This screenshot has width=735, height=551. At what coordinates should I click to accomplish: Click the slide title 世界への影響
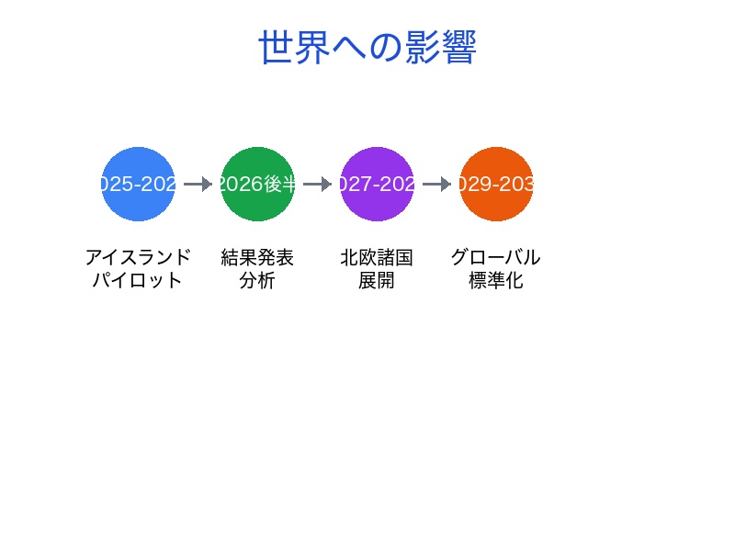(x=367, y=48)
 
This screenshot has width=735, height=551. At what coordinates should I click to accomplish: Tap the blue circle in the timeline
(x=138, y=184)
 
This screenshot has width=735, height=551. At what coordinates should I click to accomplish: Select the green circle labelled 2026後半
(x=257, y=184)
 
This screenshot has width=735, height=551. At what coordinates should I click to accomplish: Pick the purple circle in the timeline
(x=377, y=184)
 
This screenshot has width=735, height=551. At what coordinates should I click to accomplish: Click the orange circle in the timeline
(x=496, y=184)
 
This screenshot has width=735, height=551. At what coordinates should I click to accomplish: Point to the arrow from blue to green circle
(x=198, y=184)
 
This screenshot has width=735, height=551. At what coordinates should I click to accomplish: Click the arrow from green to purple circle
(x=317, y=184)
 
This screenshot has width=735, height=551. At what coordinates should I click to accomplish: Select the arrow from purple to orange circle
(x=436, y=184)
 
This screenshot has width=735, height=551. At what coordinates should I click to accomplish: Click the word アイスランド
(x=138, y=257)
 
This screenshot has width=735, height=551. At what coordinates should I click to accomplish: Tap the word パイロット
(x=138, y=281)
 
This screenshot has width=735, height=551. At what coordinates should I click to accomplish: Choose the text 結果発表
(x=257, y=257)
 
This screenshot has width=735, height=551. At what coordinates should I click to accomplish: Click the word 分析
(x=257, y=281)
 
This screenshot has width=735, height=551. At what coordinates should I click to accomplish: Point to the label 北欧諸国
(x=377, y=257)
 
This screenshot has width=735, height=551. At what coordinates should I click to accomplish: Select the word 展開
(x=377, y=281)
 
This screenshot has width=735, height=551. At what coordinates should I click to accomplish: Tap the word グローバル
(x=496, y=257)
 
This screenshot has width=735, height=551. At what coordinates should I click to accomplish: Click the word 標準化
(x=496, y=281)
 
